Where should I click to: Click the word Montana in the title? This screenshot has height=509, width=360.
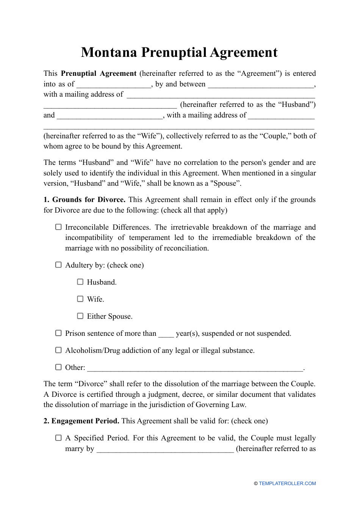coord(109,52)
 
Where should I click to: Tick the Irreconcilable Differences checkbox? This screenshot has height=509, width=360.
coord(58,227)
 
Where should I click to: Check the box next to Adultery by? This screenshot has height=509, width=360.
coord(58,265)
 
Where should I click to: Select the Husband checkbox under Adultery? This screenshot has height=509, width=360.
coord(80,282)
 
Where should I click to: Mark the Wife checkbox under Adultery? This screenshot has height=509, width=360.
coord(80,299)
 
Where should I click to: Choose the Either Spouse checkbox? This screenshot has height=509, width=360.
coord(80,316)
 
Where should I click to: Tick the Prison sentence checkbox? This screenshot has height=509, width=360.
coord(58,333)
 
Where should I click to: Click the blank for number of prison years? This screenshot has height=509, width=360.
coord(166,334)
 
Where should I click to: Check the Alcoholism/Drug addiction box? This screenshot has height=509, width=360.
coord(58,350)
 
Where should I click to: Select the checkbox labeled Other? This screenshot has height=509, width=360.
coord(58,367)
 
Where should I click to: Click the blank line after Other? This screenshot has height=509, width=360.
coord(195,368)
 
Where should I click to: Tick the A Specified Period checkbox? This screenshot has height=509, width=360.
coord(58,438)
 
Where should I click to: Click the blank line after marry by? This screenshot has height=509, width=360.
coord(165,449)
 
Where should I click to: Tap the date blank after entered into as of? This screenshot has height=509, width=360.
coord(114,85)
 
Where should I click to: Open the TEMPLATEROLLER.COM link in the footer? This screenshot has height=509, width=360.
coord(287,484)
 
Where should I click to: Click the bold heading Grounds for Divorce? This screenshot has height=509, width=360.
coord(89,200)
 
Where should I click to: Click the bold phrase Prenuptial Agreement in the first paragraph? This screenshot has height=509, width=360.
coord(99,74)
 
